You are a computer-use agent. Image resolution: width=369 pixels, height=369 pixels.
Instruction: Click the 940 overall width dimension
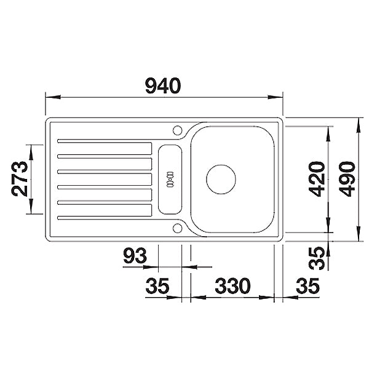point(163,85)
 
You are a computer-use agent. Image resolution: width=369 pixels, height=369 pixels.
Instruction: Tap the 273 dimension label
point(20,178)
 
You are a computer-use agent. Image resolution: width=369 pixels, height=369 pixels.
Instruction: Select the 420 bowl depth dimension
point(317,179)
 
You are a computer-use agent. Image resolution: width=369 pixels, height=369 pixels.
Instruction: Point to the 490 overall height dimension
point(347,179)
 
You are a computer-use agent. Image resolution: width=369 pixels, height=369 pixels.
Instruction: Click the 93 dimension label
point(135,256)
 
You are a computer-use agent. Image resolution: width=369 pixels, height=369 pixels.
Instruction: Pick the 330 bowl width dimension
point(232,286)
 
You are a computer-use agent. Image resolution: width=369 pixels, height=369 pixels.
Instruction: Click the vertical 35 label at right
point(317,258)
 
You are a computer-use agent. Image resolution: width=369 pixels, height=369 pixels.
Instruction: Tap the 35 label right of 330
point(307,286)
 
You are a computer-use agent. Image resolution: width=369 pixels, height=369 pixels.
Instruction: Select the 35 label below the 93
point(157,286)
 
